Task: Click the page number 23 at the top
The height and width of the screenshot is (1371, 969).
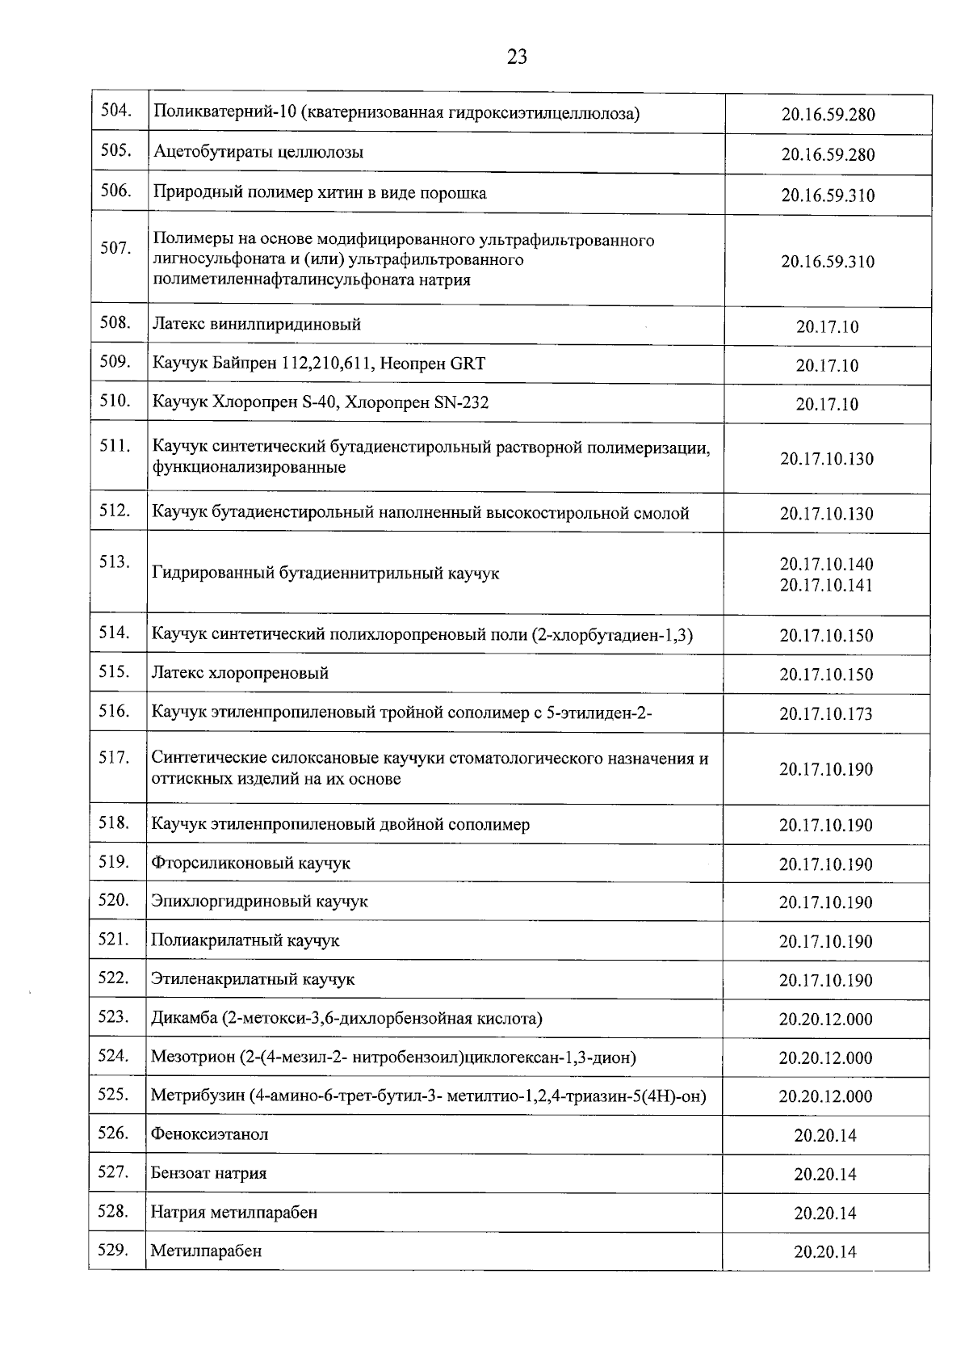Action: pyautogui.click(x=517, y=57)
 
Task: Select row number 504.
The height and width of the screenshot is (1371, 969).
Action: pyautogui.click(x=115, y=111)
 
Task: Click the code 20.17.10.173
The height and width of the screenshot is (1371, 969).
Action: pyautogui.click(x=826, y=714)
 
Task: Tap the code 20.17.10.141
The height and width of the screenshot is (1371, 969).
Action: pyautogui.click(x=826, y=585)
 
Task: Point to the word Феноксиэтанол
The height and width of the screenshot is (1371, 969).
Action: pyautogui.click(x=210, y=1134)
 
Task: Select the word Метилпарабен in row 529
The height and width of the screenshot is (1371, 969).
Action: pyautogui.click(x=206, y=1251)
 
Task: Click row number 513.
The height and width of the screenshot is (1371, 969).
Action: pyautogui.click(x=115, y=561)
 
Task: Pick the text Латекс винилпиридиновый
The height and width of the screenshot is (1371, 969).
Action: pyautogui.click(x=257, y=325)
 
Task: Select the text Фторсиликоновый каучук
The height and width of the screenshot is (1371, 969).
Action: pyautogui.click(x=251, y=864)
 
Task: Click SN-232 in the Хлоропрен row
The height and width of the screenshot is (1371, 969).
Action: pyautogui.click(x=461, y=402)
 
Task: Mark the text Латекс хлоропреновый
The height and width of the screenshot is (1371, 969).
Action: pyautogui.click(x=241, y=673)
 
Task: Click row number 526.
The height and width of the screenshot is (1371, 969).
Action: pyautogui.click(x=113, y=1133)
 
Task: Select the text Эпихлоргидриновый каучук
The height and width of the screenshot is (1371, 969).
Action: pyautogui.click(x=259, y=902)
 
